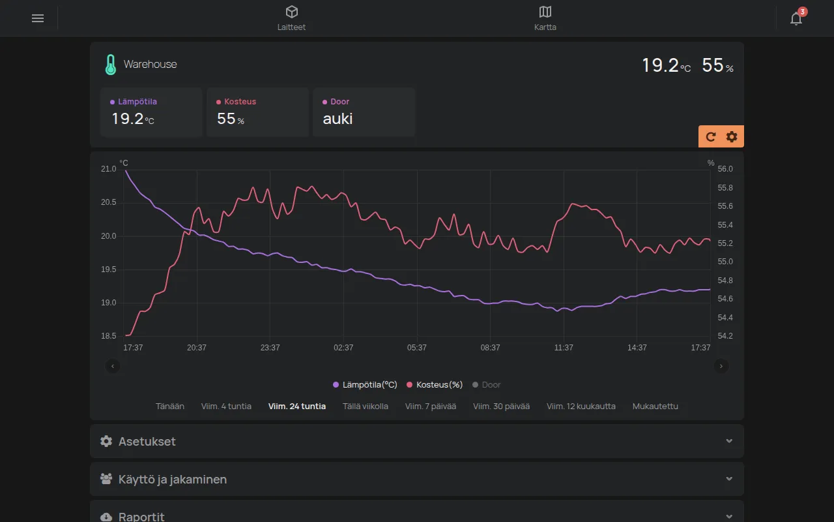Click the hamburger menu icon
(38, 18)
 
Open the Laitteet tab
(291, 18)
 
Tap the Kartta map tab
(545, 18)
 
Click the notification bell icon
(796, 18)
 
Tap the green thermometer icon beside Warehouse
(111, 65)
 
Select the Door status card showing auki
(364, 112)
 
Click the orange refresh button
(710, 137)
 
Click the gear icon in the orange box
(732, 137)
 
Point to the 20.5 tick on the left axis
(108, 202)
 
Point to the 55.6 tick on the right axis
(725, 206)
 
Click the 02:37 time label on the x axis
(343, 348)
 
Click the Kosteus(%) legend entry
(435, 385)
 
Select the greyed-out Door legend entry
(486, 385)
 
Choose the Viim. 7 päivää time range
(431, 406)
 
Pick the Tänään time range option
(170, 406)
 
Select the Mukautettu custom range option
(655, 406)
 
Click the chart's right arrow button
(721, 366)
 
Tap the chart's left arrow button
(113, 366)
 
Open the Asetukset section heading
(147, 442)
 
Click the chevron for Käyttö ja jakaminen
(729, 479)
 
